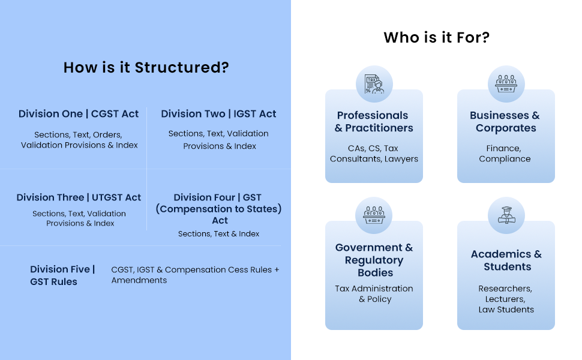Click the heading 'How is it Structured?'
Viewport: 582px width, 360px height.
point(146,68)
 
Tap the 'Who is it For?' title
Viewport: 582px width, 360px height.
point(437,37)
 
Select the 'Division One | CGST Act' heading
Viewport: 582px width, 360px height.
point(79,114)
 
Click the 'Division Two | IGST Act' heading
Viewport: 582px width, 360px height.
point(218,114)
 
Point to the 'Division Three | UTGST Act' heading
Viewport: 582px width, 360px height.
point(79,197)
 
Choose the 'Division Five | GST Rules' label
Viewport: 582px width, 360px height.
point(62,275)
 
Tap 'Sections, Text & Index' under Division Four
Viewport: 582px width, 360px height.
point(218,234)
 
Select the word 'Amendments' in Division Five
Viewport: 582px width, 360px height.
point(139,280)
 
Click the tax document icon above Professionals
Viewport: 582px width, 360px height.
point(374,84)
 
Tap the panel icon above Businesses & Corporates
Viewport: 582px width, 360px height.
point(506,84)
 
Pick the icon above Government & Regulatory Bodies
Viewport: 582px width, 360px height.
point(374,215)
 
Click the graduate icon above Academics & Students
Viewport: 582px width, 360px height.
point(506,215)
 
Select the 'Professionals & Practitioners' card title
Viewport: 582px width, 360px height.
point(373,122)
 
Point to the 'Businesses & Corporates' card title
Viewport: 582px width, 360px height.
point(505,122)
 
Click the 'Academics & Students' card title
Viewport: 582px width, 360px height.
point(506,260)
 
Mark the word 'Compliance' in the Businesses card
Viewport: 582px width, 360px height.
point(505,159)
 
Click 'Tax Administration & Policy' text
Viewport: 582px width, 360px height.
point(374,294)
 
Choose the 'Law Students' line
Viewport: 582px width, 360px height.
point(506,310)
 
